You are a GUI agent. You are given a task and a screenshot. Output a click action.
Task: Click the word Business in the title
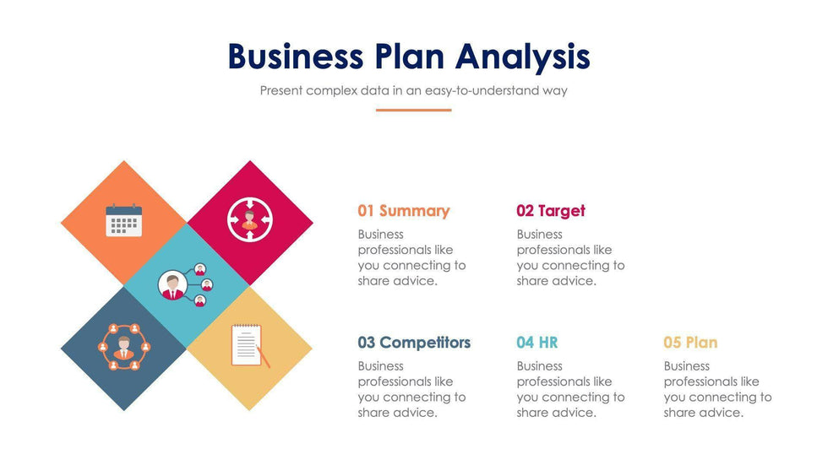(x=296, y=56)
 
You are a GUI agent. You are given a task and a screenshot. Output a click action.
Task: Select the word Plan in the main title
(x=410, y=56)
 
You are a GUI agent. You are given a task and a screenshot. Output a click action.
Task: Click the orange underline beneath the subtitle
(x=413, y=111)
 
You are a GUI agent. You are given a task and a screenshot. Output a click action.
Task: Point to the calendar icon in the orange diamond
(x=124, y=220)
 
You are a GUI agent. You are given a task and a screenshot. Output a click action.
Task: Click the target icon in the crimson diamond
(x=250, y=219)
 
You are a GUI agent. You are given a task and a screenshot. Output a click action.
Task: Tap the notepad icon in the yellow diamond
(x=247, y=345)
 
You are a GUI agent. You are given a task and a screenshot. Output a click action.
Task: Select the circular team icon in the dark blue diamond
(x=124, y=346)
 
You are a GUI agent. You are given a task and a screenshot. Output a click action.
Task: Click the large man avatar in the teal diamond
(x=172, y=285)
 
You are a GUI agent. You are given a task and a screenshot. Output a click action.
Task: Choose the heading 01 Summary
(x=404, y=211)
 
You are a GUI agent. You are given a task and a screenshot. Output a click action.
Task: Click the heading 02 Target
(x=551, y=211)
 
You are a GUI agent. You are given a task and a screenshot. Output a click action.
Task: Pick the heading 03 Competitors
(x=414, y=343)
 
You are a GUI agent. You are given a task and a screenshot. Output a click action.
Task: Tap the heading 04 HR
(x=537, y=343)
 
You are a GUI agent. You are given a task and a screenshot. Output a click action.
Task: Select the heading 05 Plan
(x=691, y=343)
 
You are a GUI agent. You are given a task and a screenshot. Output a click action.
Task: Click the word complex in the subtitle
(x=331, y=90)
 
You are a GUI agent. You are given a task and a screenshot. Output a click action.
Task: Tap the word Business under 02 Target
(x=539, y=234)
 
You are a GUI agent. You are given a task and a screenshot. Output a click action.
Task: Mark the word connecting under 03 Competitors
(x=418, y=397)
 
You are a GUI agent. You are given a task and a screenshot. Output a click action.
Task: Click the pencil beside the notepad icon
(x=264, y=357)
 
